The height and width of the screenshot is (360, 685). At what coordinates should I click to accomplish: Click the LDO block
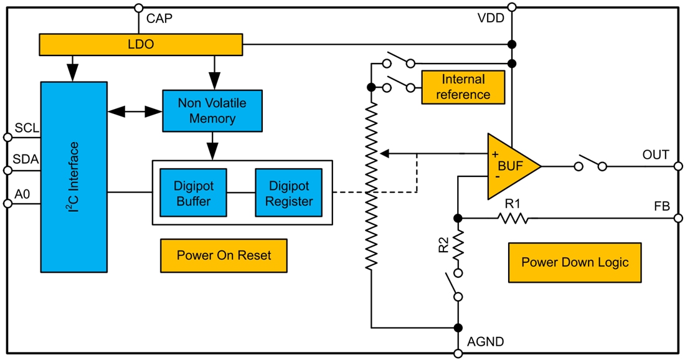pyautogui.click(x=141, y=45)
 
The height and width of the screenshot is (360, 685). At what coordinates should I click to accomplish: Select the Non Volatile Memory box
pyautogui.click(x=212, y=111)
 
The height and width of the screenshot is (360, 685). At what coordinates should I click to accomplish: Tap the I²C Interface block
pyautogui.click(x=74, y=176)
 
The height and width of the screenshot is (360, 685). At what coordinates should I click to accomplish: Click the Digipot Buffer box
pyautogui.click(x=193, y=192)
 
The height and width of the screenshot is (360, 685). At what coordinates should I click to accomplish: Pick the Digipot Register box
pyautogui.click(x=288, y=192)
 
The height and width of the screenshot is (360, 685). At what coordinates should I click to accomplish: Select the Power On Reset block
pyautogui.click(x=224, y=255)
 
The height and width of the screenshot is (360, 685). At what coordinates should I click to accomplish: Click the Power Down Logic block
pyautogui.click(x=574, y=262)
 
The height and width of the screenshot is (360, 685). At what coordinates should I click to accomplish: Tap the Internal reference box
pyautogui.click(x=463, y=87)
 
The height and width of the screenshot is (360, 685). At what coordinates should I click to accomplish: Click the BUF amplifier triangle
pyautogui.click(x=509, y=166)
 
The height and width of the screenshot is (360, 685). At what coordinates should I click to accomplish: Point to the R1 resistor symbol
pyautogui.click(x=513, y=218)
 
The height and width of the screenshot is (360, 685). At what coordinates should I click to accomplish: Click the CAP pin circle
pyautogui.click(x=138, y=7)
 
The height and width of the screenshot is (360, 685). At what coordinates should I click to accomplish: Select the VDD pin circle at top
pyautogui.click(x=512, y=7)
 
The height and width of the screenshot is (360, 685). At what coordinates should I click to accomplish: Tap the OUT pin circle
pyautogui.click(x=678, y=166)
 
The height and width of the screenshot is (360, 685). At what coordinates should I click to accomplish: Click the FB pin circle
pyautogui.click(x=678, y=218)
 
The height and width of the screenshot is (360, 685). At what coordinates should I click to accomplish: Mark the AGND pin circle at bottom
pyautogui.click(x=458, y=354)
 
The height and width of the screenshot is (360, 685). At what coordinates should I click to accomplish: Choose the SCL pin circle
pyautogui.click(x=7, y=137)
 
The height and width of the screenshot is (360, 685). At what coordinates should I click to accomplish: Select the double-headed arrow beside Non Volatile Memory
pyautogui.click(x=135, y=111)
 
